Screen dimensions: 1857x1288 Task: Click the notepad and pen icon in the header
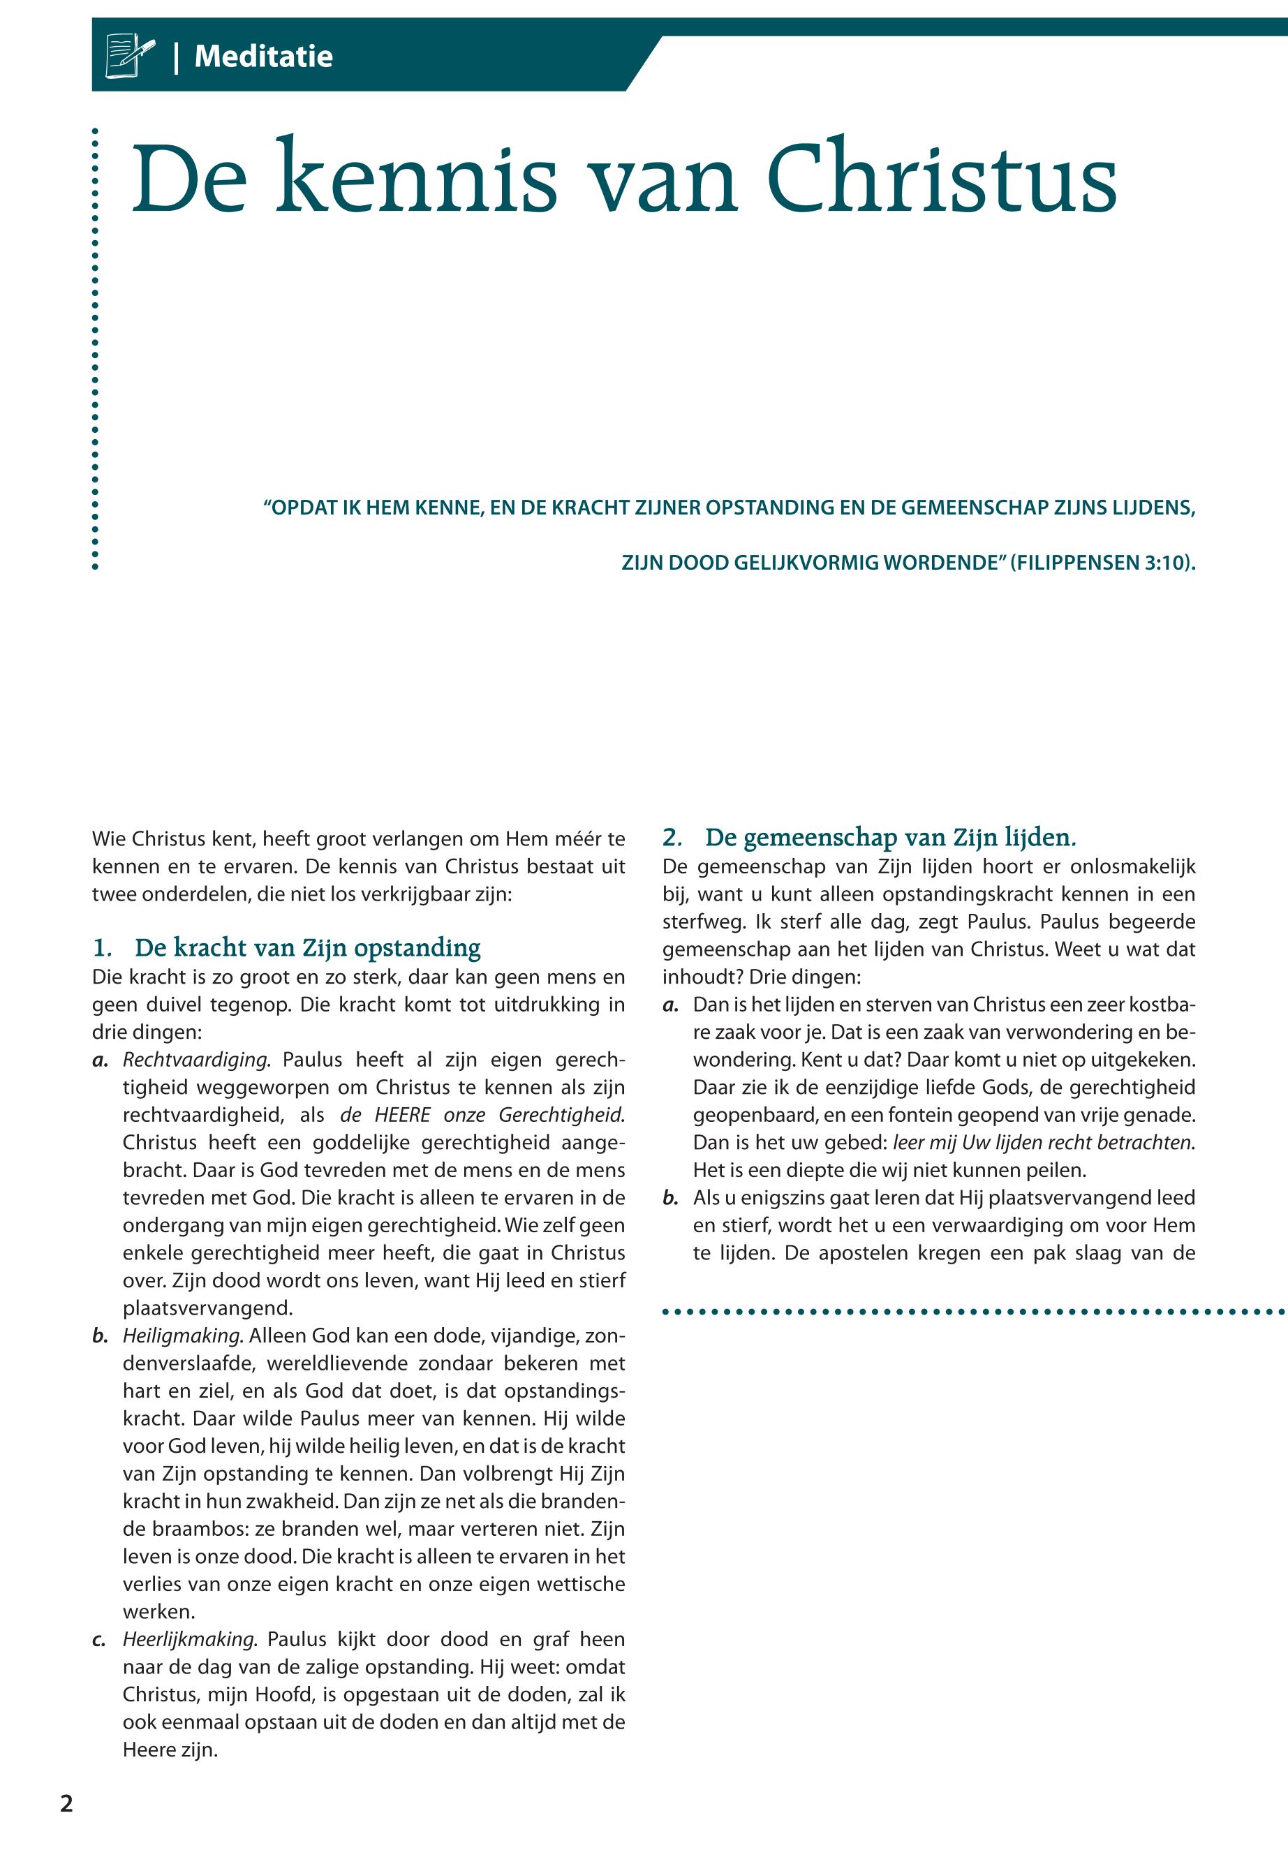(x=129, y=56)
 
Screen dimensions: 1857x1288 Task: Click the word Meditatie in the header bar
(x=263, y=57)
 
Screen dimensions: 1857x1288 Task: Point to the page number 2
(x=67, y=1803)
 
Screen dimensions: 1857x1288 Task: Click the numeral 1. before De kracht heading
(x=103, y=947)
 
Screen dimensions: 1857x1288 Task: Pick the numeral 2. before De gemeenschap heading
(x=672, y=838)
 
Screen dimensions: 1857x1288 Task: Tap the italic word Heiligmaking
(x=182, y=1336)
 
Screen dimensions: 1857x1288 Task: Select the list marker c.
(x=99, y=1640)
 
